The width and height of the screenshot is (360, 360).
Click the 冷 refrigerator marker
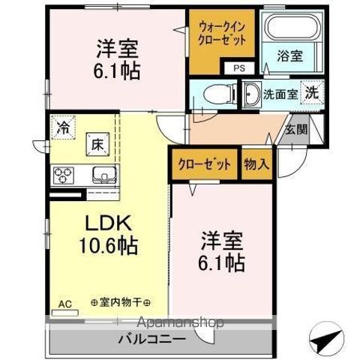(64, 128)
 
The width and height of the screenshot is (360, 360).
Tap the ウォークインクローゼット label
(222, 33)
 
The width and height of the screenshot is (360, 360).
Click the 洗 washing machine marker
(310, 94)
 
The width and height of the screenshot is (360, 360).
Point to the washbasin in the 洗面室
(251, 95)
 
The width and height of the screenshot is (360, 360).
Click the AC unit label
(64, 304)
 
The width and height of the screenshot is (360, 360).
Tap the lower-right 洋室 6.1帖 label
(221, 253)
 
